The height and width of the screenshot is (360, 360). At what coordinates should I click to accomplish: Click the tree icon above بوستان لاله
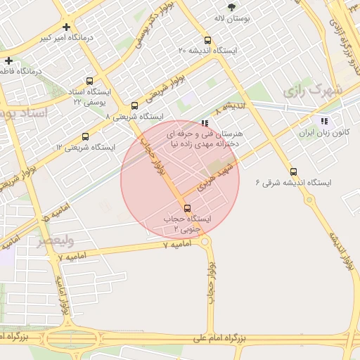click(231, 6)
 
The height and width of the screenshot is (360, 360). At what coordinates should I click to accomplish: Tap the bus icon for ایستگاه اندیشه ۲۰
click(207, 40)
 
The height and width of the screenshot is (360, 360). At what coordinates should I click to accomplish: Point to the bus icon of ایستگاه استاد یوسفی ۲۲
click(89, 81)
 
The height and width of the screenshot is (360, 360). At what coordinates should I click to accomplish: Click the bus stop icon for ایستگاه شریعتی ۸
click(135, 105)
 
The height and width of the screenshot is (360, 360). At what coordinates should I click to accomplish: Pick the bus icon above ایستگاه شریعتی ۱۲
click(85, 136)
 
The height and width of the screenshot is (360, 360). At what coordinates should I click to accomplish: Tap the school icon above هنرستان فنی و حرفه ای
click(205, 122)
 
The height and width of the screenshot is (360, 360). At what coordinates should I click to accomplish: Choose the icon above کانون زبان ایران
click(323, 121)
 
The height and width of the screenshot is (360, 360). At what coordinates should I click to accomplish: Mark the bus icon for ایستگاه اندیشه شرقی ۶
click(293, 172)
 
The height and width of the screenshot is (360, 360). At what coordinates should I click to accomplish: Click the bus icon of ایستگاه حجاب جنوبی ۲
click(187, 208)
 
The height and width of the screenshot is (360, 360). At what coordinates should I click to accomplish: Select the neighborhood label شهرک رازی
click(312, 91)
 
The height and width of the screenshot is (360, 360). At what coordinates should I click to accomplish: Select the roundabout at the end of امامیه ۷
click(205, 242)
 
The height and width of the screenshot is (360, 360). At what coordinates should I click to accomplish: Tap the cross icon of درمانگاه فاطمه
click(8, 60)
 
